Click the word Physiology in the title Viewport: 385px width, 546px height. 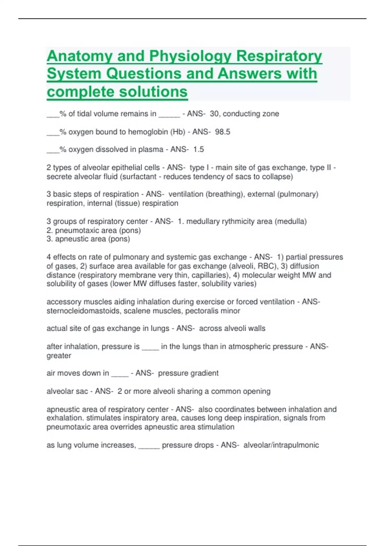(190, 56)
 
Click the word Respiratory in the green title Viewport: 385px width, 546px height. (279, 56)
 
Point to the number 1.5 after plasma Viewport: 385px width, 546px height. (198, 149)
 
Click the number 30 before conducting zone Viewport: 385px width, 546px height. (214, 114)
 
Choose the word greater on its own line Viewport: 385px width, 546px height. (59, 356)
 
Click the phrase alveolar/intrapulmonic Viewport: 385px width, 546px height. (281, 445)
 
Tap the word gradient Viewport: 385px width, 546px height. (204, 373)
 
